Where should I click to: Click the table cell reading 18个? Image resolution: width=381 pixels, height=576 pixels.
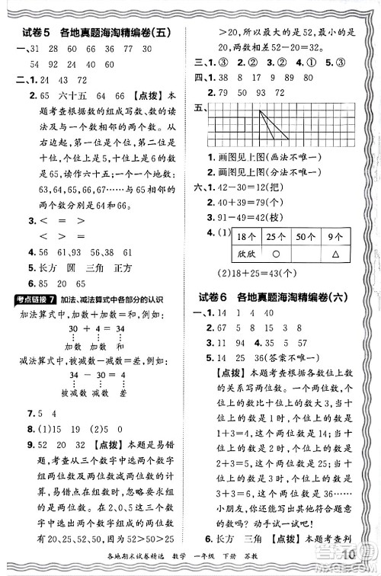(x=248, y=238)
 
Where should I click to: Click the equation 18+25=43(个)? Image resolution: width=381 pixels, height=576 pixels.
(x=264, y=273)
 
